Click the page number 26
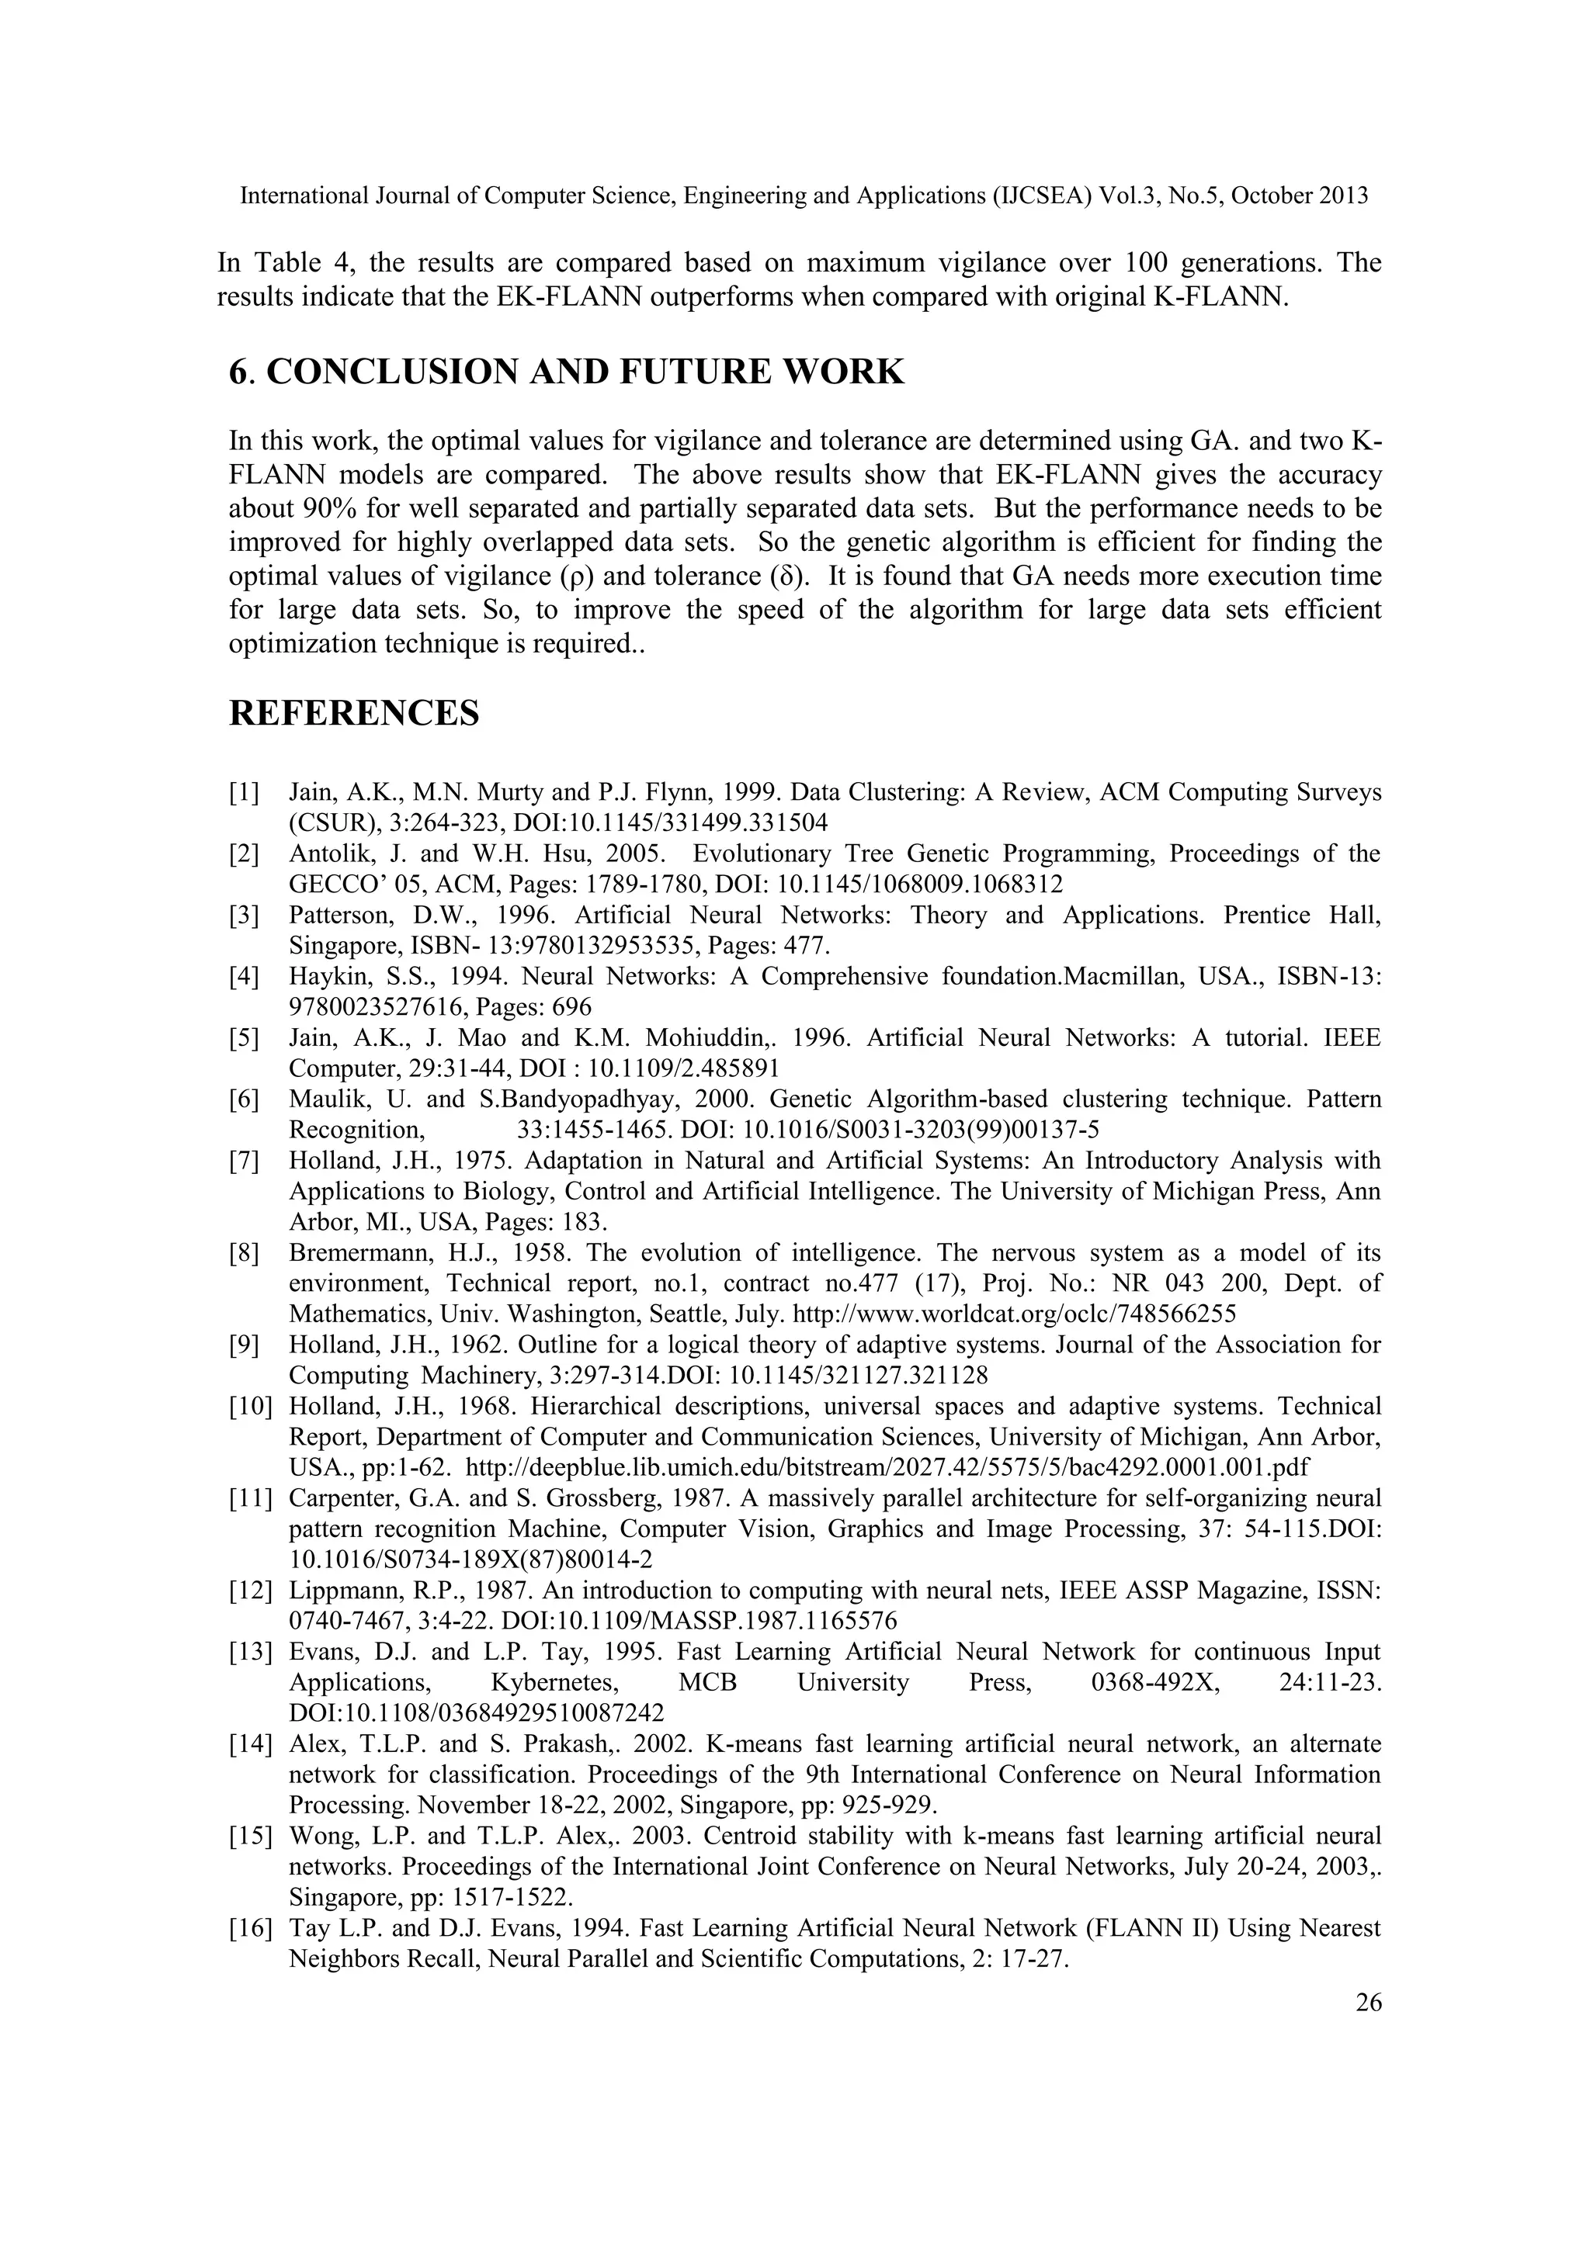(x=1368, y=2003)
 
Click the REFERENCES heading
(x=355, y=714)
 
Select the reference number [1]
(x=244, y=791)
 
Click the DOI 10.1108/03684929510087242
(x=477, y=1712)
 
